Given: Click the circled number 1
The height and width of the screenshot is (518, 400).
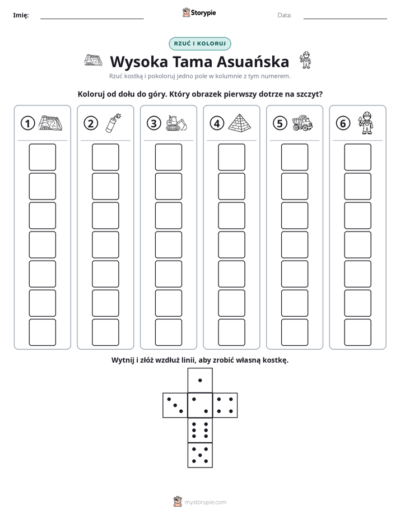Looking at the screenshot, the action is coord(27,123).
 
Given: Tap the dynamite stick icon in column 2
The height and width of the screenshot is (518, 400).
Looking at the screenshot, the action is coord(113,123).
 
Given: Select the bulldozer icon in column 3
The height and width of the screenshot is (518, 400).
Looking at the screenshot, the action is coord(176,123).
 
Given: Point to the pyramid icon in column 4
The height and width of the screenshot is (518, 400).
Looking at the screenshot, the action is coord(240,123).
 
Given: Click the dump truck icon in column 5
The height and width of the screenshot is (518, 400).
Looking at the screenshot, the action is coord(303,123).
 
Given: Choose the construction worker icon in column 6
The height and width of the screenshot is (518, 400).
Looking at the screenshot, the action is coord(366,123).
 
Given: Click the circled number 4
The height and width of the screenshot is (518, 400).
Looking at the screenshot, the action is coord(217,123).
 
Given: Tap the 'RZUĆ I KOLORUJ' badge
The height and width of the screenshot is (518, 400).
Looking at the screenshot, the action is coord(200,44).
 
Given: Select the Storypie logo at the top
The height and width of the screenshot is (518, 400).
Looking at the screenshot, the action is coord(199,13).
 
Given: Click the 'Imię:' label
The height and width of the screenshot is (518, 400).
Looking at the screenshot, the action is coord(21,15).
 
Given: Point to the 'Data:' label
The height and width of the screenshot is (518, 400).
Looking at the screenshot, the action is coord(285,15).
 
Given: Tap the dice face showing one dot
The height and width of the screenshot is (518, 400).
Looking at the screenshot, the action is coord(200,381).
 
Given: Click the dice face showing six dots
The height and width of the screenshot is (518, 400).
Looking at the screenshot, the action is coord(200,431).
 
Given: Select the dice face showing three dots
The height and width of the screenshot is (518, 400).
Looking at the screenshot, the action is coord(175,405).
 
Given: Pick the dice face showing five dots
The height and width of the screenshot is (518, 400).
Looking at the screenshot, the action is coord(200,455).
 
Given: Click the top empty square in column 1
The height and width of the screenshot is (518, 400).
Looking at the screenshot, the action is coord(42,157).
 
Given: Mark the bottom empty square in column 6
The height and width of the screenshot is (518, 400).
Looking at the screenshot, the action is coord(358,332).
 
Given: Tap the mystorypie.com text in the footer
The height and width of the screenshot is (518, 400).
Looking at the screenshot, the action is coord(205,502).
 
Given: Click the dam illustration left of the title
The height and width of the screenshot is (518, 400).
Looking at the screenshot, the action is coord(93,60).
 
